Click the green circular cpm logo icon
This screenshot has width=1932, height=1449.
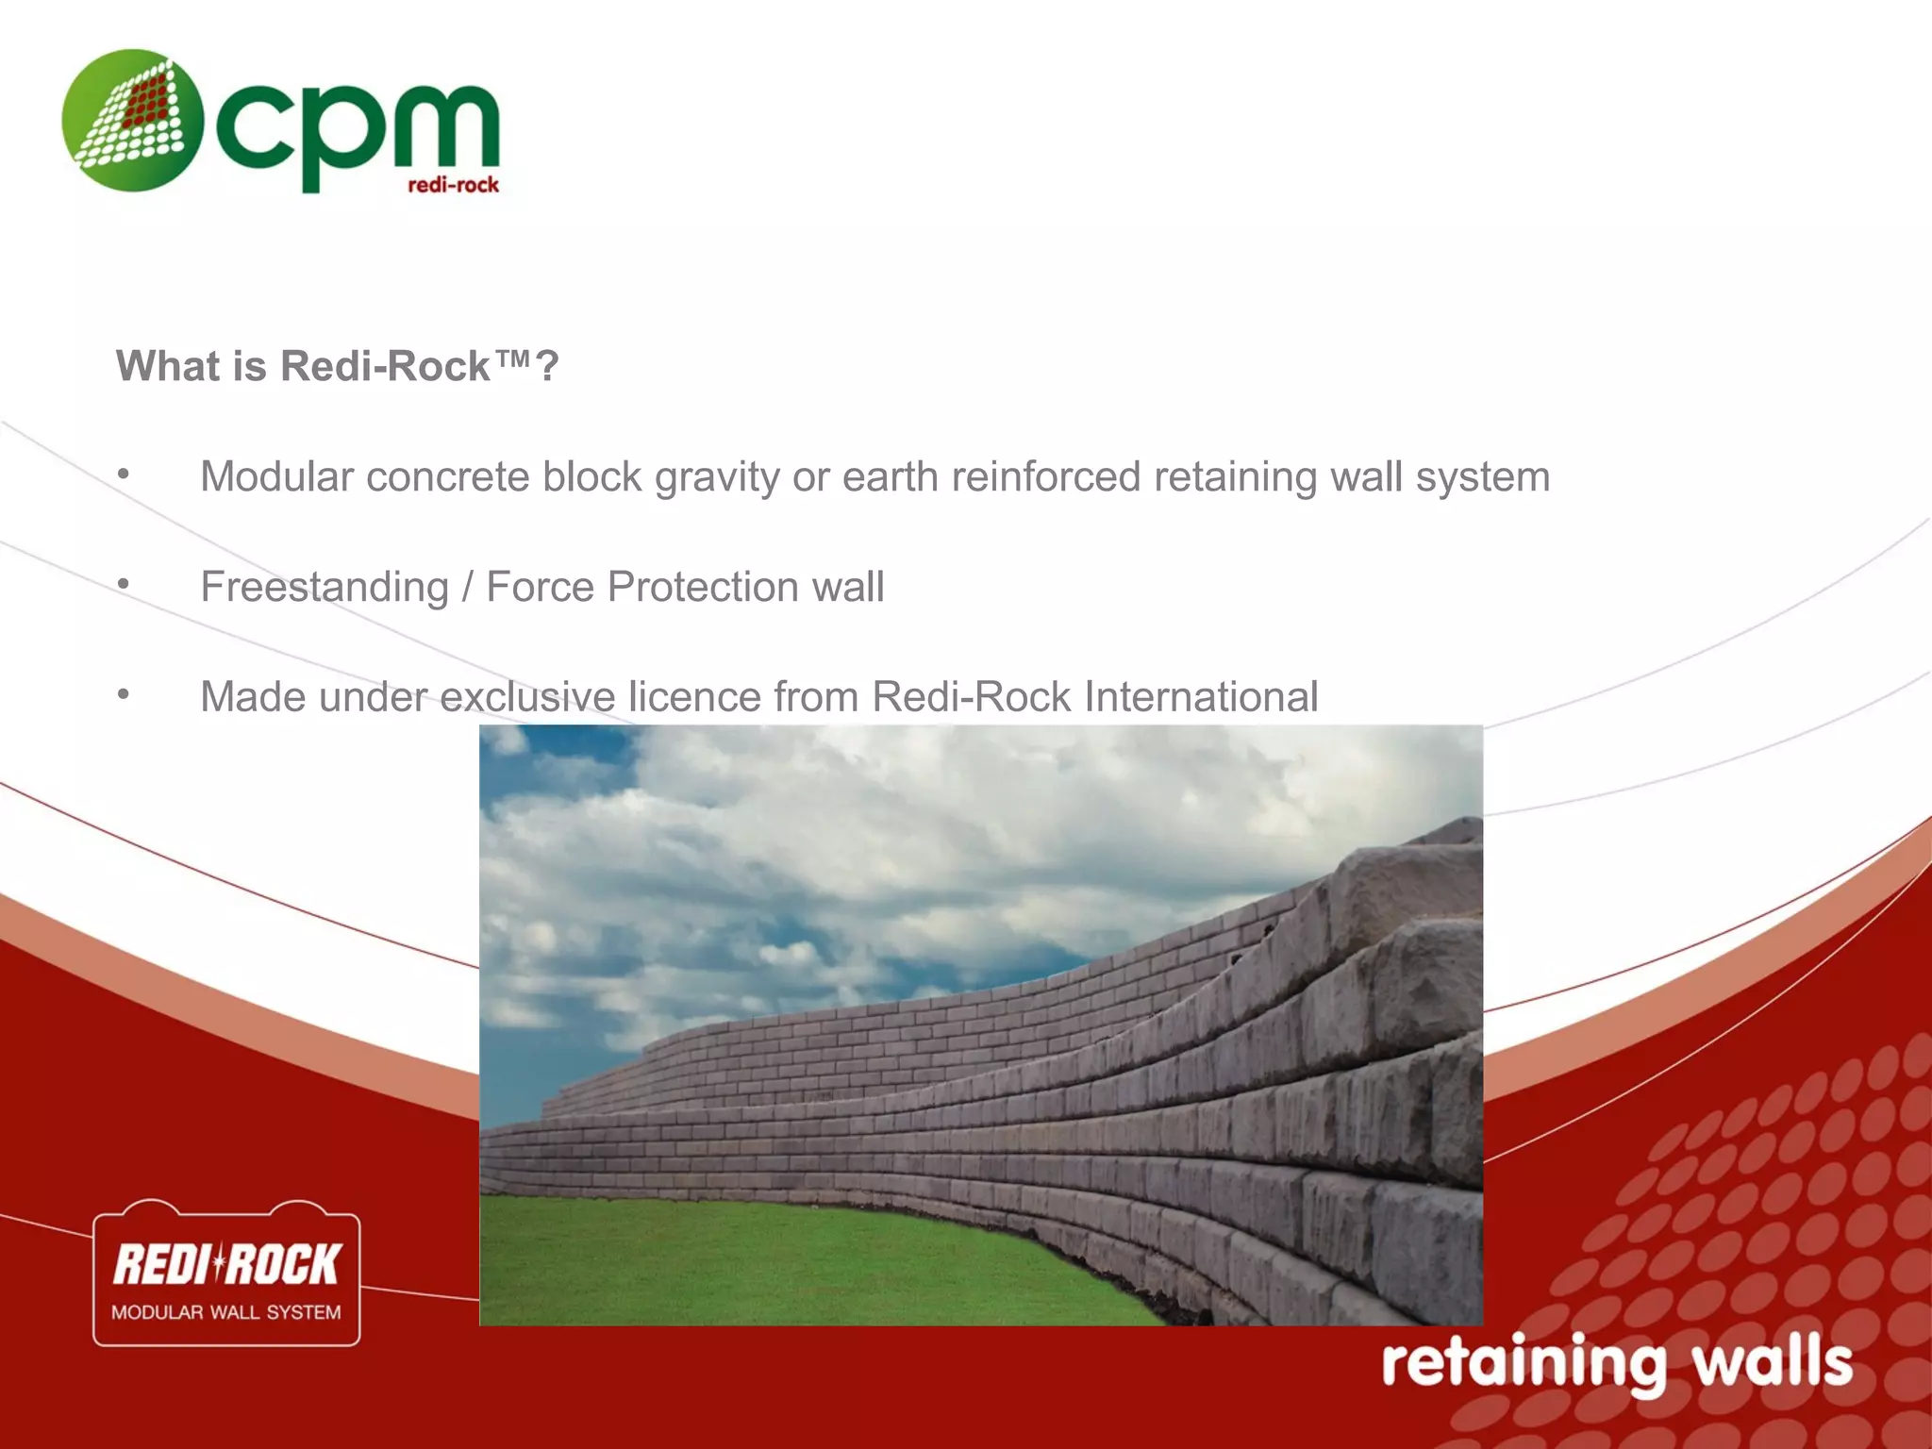pos(132,121)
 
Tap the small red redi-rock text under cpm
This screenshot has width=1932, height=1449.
pos(453,185)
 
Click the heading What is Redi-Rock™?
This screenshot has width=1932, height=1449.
pos(338,366)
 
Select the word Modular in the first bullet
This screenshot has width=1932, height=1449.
pos(276,476)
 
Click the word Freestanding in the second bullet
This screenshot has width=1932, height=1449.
pos(325,588)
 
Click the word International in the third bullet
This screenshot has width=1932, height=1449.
pos(1200,697)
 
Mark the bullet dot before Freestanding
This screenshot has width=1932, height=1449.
pos(124,585)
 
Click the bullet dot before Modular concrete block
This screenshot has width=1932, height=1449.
pos(124,475)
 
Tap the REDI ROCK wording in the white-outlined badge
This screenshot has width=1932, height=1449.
pos(226,1264)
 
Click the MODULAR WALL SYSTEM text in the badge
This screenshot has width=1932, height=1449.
pos(226,1312)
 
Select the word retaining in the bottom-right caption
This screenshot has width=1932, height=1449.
pos(1524,1364)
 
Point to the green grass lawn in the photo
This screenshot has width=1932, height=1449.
pos(755,1264)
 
